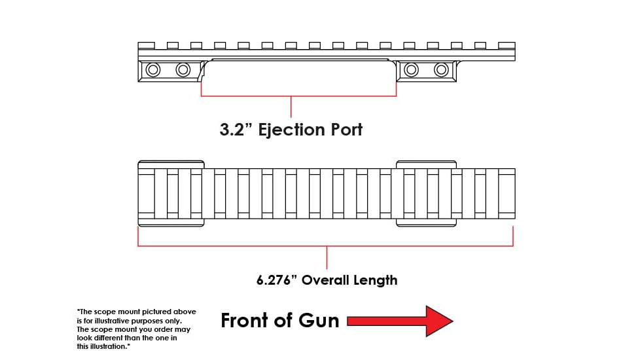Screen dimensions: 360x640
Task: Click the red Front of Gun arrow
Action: [x=400, y=321]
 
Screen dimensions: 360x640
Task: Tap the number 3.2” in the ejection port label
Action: [x=236, y=130]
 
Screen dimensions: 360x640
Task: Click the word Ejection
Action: [x=292, y=130]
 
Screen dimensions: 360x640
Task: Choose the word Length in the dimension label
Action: [x=376, y=280]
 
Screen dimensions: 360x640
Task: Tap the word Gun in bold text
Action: [x=318, y=321]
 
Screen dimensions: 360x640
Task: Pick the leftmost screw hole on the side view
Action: [x=153, y=69]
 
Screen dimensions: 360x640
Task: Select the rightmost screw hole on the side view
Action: [x=442, y=69]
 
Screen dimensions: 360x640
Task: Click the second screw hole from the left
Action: [x=183, y=69]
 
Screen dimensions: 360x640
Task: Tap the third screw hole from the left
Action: [x=412, y=69]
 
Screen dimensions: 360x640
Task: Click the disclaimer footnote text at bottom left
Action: [x=136, y=329]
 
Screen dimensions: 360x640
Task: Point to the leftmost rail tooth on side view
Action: [x=147, y=45]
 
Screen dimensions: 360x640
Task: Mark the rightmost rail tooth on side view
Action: [x=507, y=45]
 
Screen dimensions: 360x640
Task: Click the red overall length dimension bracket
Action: [x=325, y=246]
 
